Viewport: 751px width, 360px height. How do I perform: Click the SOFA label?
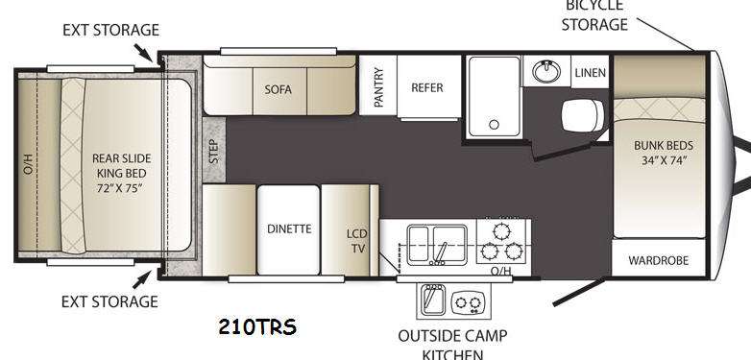[x=278, y=89]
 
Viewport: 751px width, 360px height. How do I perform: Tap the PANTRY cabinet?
[x=377, y=85]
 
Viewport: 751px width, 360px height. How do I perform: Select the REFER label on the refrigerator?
[x=427, y=88]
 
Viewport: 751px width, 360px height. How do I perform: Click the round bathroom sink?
[x=546, y=72]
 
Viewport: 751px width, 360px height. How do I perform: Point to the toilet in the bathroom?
[x=582, y=116]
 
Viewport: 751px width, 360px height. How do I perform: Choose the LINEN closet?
[x=590, y=72]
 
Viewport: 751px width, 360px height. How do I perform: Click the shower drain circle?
[x=494, y=125]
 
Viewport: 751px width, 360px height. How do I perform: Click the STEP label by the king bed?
[x=214, y=151]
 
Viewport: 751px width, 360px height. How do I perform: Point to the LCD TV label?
[x=357, y=241]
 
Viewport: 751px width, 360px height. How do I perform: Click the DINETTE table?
[x=288, y=229]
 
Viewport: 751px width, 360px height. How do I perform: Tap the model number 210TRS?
[x=257, y=327]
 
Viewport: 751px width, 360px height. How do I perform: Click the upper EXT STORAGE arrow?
[x=143, y=53]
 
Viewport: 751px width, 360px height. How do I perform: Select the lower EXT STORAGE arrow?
[x=142, y=279]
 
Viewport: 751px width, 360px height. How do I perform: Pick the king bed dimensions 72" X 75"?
[x=120, y=188]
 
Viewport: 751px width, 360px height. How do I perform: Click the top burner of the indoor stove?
[x=501, y=232]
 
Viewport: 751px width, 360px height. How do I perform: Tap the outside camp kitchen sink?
[x=433, y=300]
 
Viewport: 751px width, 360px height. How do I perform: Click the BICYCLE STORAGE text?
[x=594, y=14]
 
